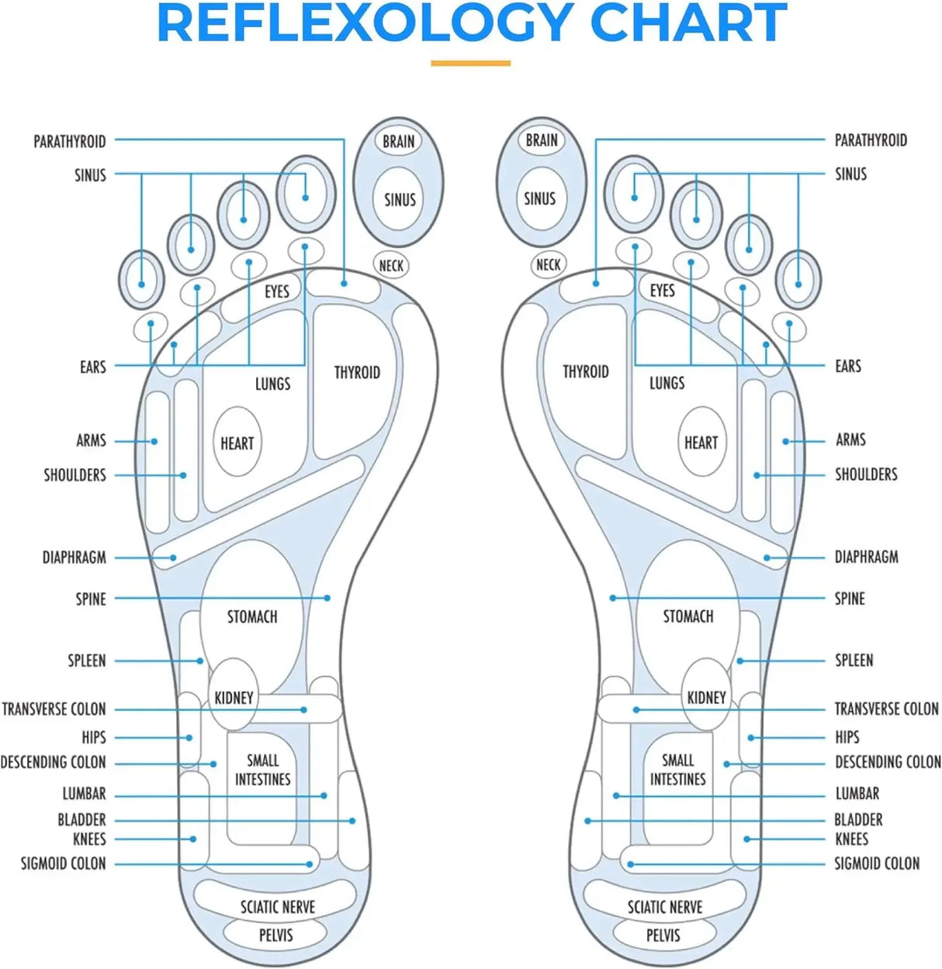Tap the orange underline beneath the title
pyautogui.click(x=470, y=63)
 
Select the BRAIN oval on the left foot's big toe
pyautogui.click(x=398, y=141)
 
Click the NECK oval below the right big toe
pyautogui.click(x=548, y=264)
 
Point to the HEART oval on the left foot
pyautogui.click(x=237, y=443)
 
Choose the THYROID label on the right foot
pyautogui.click(x=585, y=371)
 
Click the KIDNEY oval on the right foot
pyautogui.click(x=706, y=697)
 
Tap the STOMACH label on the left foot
pyautogui.click(x=252, y=616)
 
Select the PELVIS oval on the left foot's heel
pyautogui.click(x=275, y=935)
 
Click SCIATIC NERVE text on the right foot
pyautogui.click(x=665, y=906)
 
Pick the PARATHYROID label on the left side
pyautogui.click(x=69, y=141)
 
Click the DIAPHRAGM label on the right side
pyautogui.click(x=866, y=557)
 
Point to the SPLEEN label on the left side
pyautogui.click(x=86, y=660)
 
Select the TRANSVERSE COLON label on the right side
pyautogui.click(x=886, y=709)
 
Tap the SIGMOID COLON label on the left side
pyautogui.click(x=63, y=863)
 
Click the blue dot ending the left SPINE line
pyautogui.click(x=327, y=598)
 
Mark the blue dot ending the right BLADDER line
pyautogui.click(x=588, y=820)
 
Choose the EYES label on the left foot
pyautogui.click(x=276, y=291)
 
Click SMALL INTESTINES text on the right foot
pyautogui.click(x=677, y=769)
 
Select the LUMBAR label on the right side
pyautogui.click(x=857, y=793)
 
